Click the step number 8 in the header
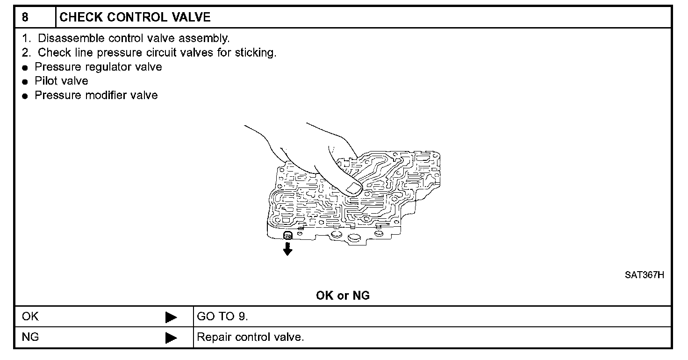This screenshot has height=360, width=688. [25, 18]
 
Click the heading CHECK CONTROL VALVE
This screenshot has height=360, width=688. [135, 18]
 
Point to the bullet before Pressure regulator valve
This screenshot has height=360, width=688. [25, 67]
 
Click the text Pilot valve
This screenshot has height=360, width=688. [61, 81]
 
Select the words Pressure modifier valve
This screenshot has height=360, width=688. [96, 95]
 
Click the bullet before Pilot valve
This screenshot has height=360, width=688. [25, 82]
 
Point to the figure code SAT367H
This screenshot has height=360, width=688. [645, 274]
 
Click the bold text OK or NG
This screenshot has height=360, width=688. [343, 295]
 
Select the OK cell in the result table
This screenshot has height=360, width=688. [30, 317]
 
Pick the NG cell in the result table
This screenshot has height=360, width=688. [30, 337]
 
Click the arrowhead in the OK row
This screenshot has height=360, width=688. [171, 317]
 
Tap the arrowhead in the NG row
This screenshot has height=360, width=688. [171, 338]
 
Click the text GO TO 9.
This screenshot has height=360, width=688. [222, 317]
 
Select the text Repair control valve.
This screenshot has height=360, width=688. [251, 337]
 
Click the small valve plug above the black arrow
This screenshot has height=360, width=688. [288, 235]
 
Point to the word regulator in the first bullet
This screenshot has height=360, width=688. [109, 67]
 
